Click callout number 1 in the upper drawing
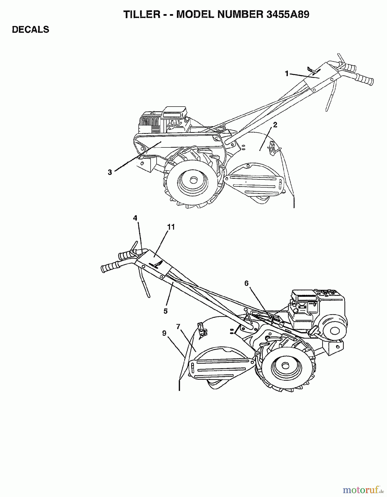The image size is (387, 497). click(x=286, y=73)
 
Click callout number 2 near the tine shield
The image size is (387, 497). click(x=275, y=125)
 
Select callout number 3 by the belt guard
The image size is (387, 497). click(x=110, y=173)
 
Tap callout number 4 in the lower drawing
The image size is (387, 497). click(x=135, y=218)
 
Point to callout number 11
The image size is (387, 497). click(x=171, y=227)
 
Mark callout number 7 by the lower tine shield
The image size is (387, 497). click(x=178, y=327)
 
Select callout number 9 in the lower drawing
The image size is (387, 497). click(x=164, y=333)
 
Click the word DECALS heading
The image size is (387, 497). click(x=31, y=30)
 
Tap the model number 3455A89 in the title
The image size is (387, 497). click(x=288, y=14)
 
